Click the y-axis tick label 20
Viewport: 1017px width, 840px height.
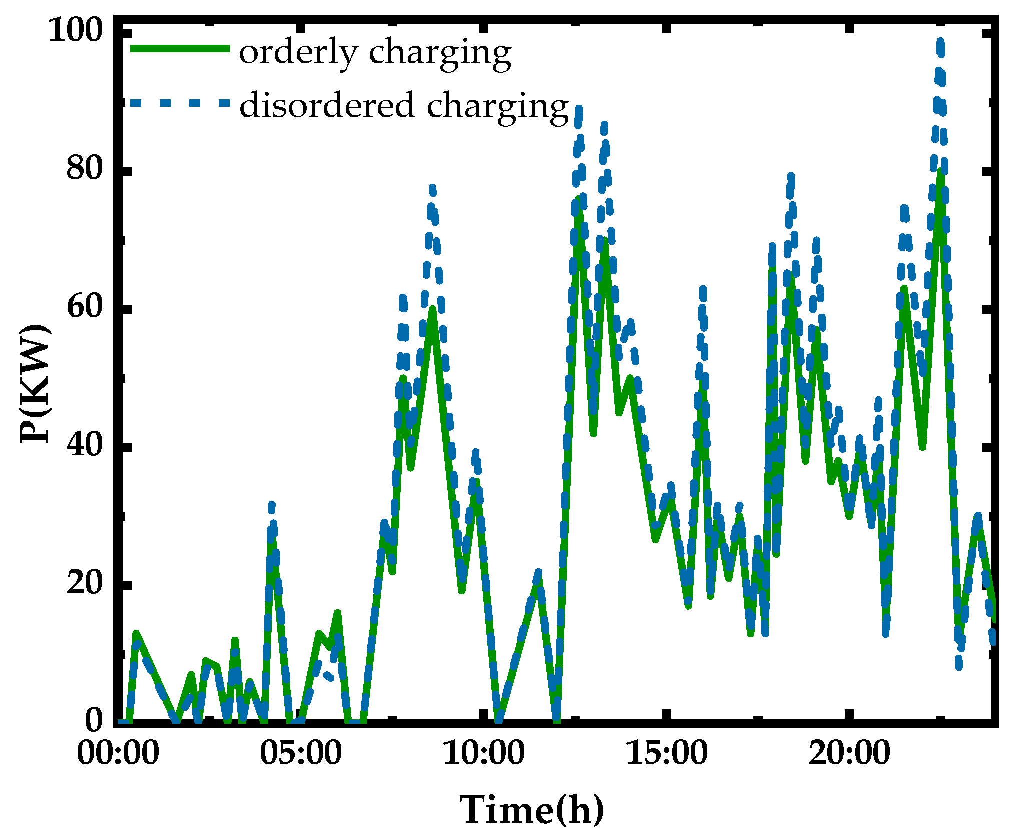click(84, 583)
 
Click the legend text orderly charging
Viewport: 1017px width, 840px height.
click(375, 52)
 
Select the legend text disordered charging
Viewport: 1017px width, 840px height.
click(404, 106)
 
